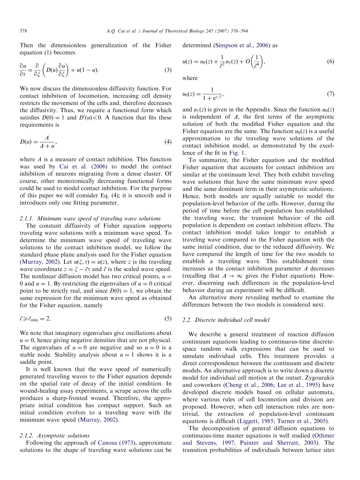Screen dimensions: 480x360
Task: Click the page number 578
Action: tap(23, 31)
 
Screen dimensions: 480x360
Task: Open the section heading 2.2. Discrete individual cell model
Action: tap(226, 320)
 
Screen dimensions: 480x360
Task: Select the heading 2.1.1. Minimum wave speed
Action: tap(90, 218)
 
